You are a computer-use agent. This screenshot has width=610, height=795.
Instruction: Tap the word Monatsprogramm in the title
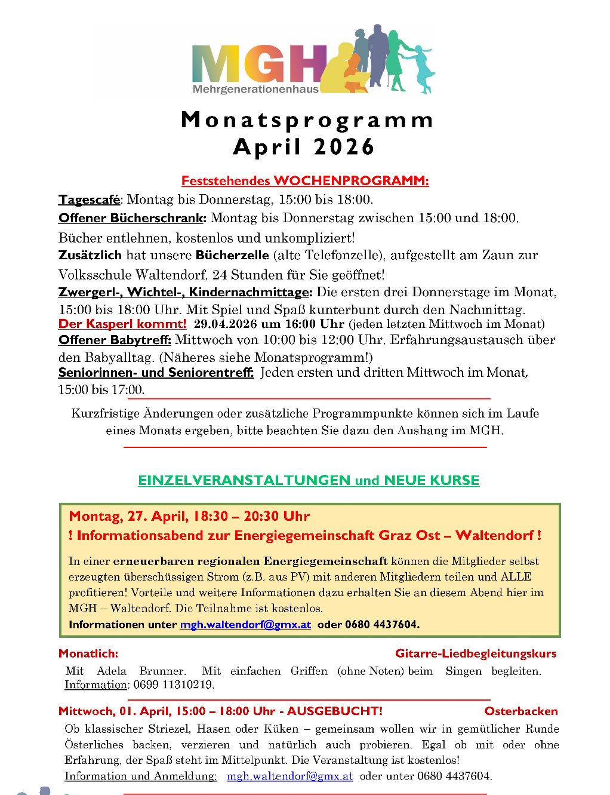pos(307,120)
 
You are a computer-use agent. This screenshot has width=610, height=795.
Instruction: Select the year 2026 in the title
pos(344,147)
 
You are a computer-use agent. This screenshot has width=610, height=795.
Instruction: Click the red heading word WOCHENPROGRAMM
pos(351,180)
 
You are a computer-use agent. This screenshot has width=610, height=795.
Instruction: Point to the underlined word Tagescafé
pos(89,199)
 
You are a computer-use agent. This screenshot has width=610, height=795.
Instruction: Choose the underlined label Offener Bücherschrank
pos(132,218)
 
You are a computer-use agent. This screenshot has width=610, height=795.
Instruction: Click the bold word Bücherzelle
pos(232,255)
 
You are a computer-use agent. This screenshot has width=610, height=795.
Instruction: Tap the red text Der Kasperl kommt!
pos(122,324)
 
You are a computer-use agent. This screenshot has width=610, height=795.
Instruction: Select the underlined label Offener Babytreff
pos(115,340)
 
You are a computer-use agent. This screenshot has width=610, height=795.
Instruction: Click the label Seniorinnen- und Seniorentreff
pos(156,373)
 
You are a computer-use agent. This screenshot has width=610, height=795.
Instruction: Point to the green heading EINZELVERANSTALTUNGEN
pos(244,480)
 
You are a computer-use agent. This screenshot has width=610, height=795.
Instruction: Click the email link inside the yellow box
pos(245,624)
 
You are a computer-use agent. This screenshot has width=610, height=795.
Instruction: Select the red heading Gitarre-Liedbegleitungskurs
pos(476,653)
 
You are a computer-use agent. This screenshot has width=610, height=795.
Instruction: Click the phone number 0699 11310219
pos(173,685)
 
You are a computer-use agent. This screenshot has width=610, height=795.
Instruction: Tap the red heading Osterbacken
pos(521,711)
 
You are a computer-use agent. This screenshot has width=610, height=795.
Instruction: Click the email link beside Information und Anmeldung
pos(289,776)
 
